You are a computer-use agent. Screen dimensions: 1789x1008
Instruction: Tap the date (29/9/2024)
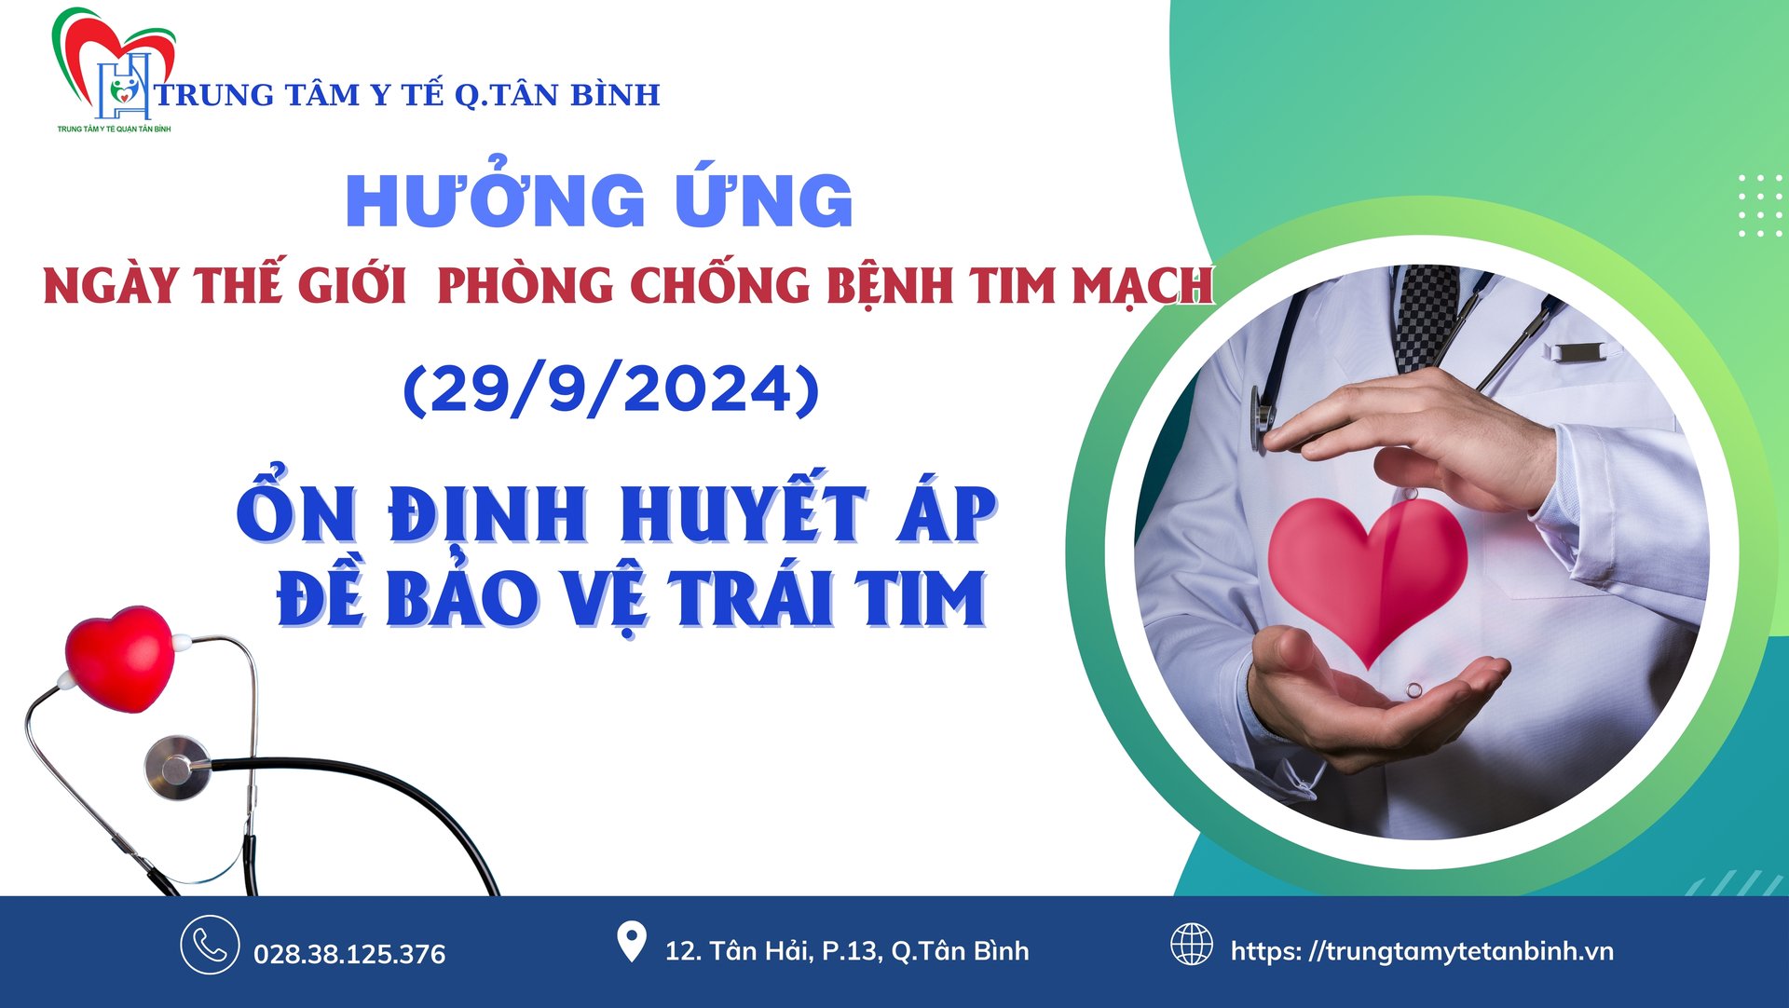click(611, 388)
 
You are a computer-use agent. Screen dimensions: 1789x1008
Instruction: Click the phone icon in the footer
click(210, 945)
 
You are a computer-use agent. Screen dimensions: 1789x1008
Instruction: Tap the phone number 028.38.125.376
click(349, 954)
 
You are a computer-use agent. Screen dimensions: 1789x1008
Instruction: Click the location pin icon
click(632, 942)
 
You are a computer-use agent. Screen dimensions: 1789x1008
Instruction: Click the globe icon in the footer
click(1192, 945)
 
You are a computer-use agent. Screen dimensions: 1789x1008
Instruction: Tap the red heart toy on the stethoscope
click(120, 658)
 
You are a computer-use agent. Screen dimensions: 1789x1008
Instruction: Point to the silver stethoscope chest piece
click(178, 768)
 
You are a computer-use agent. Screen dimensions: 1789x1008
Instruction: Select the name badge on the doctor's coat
click(1578, 352)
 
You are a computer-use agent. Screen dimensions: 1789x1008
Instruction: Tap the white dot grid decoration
click(1761, 205)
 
